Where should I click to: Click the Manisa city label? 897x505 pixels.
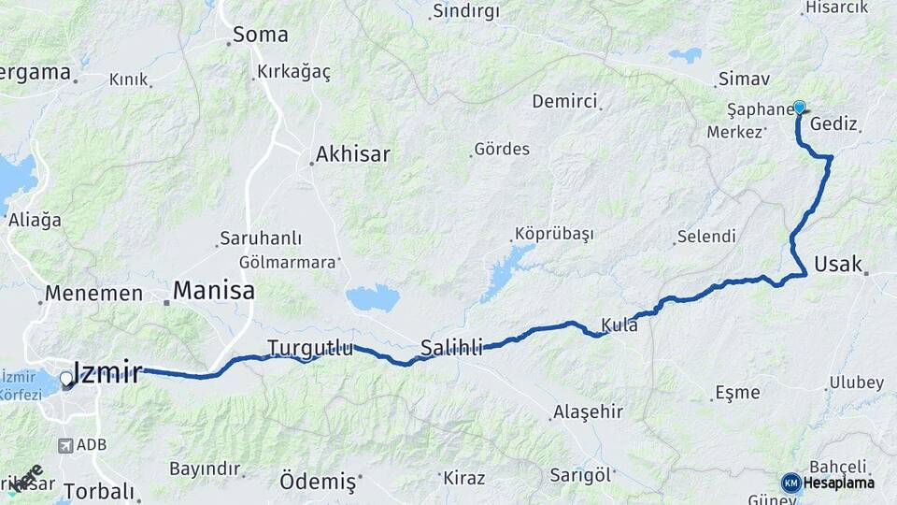(214, 290)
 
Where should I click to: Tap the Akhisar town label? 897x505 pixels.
(352, 153)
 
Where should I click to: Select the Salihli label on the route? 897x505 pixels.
(451, 348)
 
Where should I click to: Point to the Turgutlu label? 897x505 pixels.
(310, 348)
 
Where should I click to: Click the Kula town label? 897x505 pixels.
(619, 325)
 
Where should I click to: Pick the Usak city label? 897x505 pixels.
(838, 264)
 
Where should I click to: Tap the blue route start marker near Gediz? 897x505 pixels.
(799, 108)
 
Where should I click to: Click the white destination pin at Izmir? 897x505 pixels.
(66, 380)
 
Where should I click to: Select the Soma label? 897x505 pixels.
(260, 36)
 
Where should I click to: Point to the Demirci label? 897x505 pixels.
(564, 101)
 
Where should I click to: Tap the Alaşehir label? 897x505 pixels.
(588, 411)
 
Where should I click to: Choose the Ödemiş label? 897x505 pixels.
(318, 482)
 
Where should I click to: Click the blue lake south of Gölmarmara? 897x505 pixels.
(372, 298)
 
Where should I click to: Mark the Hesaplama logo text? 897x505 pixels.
(839, 483)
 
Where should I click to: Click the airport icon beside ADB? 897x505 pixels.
(66, 446)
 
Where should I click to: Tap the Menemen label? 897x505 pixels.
(94, 294)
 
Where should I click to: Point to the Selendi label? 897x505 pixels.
(705, 237)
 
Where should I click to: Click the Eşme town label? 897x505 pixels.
(737, 392)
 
